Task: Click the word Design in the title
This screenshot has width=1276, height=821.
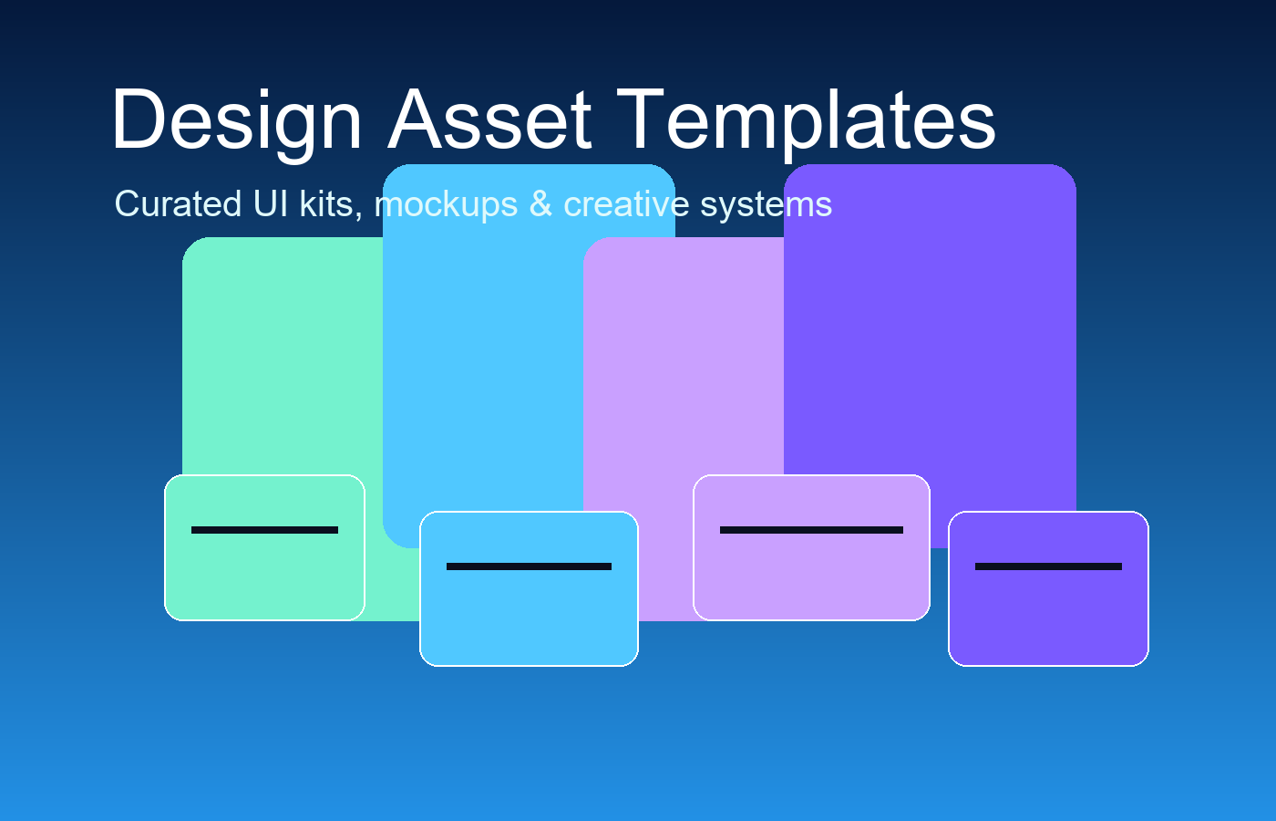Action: click(x=237, y=120)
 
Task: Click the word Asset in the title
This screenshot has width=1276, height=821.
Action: click(x=490, y=120)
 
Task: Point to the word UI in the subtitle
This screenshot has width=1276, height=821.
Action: click(x=271, y=204)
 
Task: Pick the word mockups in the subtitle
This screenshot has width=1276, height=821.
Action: click(x=446, y=204)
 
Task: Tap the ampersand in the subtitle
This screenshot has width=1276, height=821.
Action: click(x=540, y=204)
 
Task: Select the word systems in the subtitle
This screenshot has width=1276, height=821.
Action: click(x=766, y=204)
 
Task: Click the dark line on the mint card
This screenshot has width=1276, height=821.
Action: click(x=264, y=530)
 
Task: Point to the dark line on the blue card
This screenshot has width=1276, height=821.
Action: click(x=529, y=566)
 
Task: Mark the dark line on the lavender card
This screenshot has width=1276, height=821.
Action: click(x=811, y=530)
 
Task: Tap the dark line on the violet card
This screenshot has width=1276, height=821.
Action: click(x=1048, y=566)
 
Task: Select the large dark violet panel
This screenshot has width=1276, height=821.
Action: click(x=930, y=319)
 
